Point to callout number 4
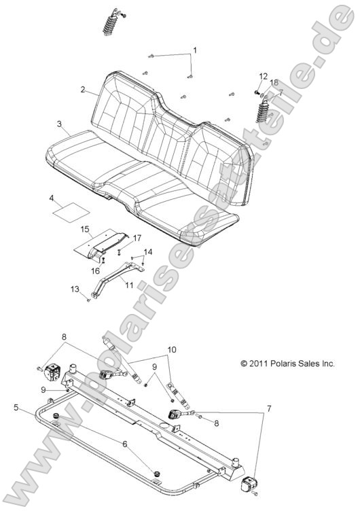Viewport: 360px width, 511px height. (x=52, y=198)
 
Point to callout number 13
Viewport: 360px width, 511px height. (x=74, y=289)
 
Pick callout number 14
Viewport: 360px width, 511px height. (x=147, y=252)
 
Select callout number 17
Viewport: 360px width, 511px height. (x=137, y=237)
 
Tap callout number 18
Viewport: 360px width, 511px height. (x=274, y=82)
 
